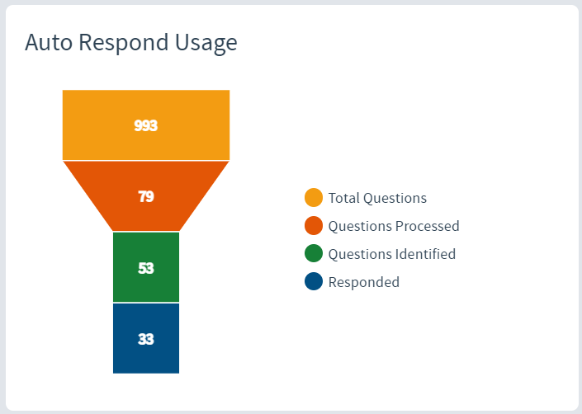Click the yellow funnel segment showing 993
(x=146, y=125)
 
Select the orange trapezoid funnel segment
(x=146, y=196)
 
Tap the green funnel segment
(x=146, y=267)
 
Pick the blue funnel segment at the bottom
(x=146, y=338)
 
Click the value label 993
(x=146, y=125)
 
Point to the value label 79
(x=146, y=196)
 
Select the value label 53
(x=146, y=268)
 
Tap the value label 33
(x=146, y=339)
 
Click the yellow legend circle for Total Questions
(x=314, y=198)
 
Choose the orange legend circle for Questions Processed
(x=314, y=226)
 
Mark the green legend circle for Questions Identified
(x=314, y=253)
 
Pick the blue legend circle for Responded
(x=314, y=282)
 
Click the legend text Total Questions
(x=377, y=198)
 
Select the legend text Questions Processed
(x=394, y=226)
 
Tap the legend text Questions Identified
(x=392, y=254)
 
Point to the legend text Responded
(x=364, y=282)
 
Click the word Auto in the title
(x=49, y=42)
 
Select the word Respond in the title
(x=124, y=43)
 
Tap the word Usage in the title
(x=206, y=44)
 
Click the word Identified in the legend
(x=425, y=254)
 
